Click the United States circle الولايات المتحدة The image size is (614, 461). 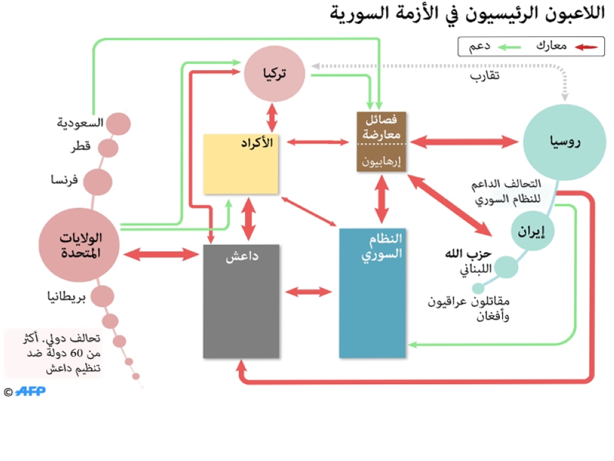tap(79, 244)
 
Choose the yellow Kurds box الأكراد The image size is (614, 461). tap(241, 164)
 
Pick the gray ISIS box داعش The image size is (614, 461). tap(241, 301)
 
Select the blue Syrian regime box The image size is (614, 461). tap(373, 293)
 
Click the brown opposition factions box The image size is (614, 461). tap(382, 141)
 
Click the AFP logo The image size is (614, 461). tap(30, 391)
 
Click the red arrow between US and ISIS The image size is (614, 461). tap(158, 253)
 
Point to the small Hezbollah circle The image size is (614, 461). tap(507, 267)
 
